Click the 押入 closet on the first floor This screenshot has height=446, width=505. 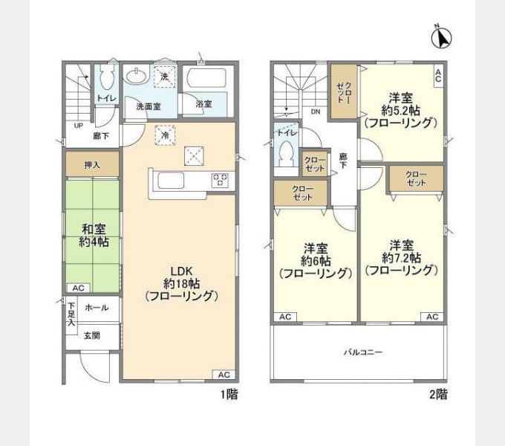[x=93, y=164]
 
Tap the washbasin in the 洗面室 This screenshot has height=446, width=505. [x=137, y=77]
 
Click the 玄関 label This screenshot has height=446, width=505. [x=92, y=335]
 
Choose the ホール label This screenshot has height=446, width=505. [x=97, y=308]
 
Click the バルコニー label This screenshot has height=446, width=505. [x=362, y=352]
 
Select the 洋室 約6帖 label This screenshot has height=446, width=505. [x=315, y=260]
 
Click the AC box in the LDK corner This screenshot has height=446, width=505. [x=225, y=375]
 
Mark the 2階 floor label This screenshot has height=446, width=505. [x=437, y=394]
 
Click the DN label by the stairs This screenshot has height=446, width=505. [x=315, y=112]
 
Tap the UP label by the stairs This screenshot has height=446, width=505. [x=78, y=125]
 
